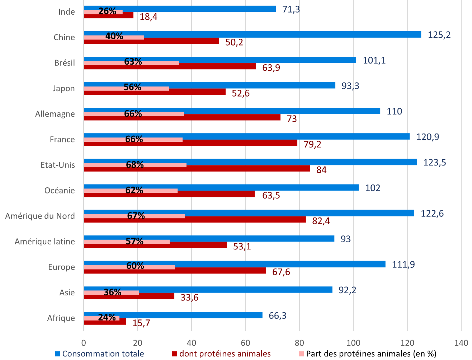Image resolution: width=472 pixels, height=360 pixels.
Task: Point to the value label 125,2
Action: click(x=439, y=35)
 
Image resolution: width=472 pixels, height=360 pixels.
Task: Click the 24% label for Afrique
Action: click(x=107, y=317)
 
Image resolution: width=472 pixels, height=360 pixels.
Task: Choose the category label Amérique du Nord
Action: click(x=40, y=216)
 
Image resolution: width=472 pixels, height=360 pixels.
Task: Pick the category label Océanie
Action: click(x=60, y=191)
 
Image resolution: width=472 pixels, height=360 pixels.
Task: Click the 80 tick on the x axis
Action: click(x=299, y=342)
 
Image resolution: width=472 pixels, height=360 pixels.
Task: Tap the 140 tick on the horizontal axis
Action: click(x=461, y=342)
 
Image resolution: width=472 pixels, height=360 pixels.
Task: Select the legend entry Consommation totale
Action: click(x=103, y=354)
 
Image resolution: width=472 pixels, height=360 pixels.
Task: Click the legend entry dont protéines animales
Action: click(x=225, y=354)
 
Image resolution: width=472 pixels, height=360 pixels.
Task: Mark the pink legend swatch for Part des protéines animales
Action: click(x=301, y=354)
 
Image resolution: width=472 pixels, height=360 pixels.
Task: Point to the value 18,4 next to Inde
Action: click(x=148, y=17)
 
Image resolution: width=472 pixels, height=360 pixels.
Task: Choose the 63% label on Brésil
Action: click(x=133, y=62)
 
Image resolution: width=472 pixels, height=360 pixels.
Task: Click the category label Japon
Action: click(x=64, y=89)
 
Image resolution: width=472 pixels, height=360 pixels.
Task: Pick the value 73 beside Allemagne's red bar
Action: click(x=292, y=119)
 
